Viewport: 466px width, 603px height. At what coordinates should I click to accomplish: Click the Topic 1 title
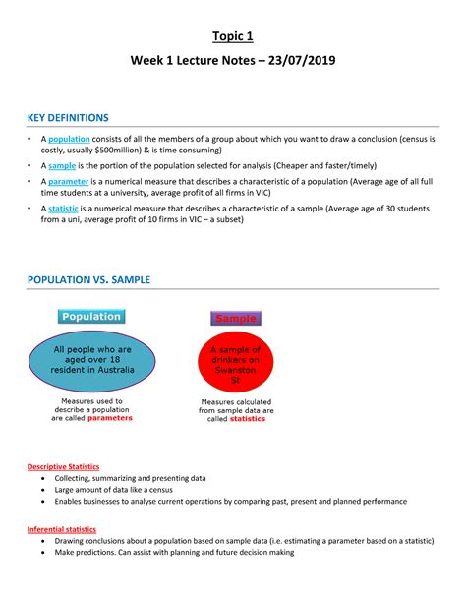click(x=232, y=37)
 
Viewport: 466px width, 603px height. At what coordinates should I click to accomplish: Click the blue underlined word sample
click(x=64, y=166)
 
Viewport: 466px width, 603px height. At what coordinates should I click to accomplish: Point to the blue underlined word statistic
click(x=64, y=210)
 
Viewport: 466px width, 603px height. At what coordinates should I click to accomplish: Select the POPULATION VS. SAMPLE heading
click(x=102, y=280)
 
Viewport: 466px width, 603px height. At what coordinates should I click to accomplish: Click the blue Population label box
click(x=90, y=317)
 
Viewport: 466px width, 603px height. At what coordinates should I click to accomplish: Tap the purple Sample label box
click(x=235, y=319)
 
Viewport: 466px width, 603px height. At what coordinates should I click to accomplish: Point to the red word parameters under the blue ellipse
click(x=109, y=417)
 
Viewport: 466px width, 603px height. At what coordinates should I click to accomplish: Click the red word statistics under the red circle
click(x=247, y=418)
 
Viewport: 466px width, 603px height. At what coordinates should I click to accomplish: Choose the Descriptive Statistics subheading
click(x=63, y=466)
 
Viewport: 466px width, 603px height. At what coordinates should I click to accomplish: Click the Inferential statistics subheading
click(x=61, y=529)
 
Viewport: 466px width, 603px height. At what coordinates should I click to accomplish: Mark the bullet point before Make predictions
click(x=42, y=553)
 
